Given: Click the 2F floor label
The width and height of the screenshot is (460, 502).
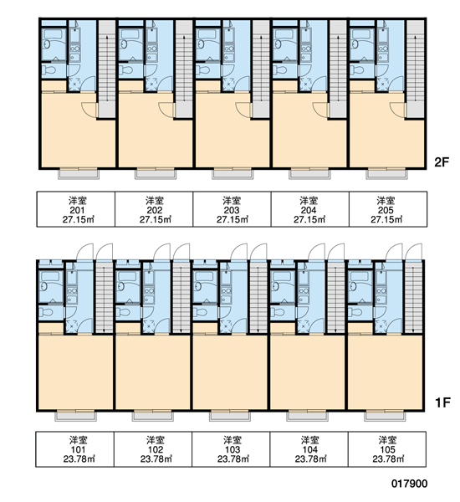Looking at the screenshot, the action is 442,162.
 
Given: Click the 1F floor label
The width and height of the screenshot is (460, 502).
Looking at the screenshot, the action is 442,402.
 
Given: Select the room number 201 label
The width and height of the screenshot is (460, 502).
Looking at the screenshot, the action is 77,210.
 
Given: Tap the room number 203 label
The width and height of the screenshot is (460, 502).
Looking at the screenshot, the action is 232,210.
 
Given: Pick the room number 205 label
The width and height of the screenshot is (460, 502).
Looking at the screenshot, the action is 386,210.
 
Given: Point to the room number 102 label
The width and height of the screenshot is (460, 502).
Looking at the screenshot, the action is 156,450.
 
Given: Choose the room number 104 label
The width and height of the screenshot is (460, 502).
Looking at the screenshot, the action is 309,450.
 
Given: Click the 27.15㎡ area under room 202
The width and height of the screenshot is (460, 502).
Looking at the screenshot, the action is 156,219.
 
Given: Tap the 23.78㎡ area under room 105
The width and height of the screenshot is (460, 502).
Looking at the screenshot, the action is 388,459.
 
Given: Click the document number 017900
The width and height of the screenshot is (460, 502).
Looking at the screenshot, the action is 410,484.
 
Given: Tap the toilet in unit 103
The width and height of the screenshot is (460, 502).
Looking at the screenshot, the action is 201,312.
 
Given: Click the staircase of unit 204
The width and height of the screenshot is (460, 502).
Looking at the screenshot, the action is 338,69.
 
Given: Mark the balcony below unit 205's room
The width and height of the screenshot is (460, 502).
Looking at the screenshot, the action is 387,173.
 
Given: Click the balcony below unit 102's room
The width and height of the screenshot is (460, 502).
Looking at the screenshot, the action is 153,415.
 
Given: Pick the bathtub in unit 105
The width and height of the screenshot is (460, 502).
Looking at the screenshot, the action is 360,276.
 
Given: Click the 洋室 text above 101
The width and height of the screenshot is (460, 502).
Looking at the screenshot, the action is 79,440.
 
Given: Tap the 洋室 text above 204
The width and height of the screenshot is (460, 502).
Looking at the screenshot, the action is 309,201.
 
